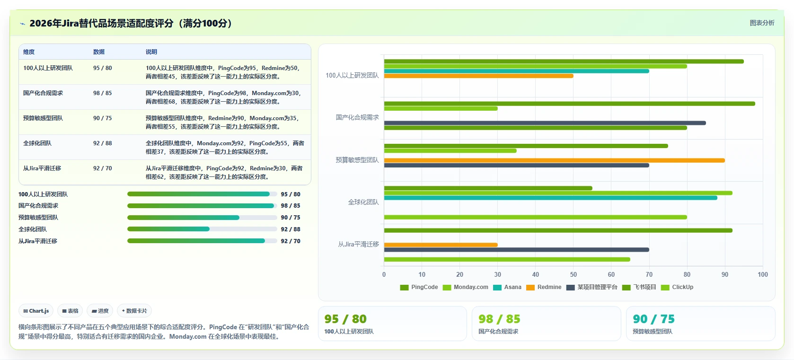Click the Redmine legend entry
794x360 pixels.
pos(544,287)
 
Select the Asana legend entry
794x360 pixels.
pos(507,287)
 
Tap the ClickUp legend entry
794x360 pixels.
pos(677,287)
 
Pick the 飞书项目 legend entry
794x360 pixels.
pos(639,287)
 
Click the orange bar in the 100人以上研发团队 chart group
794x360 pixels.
pos(478,76)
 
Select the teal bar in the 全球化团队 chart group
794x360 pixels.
pos(550,198)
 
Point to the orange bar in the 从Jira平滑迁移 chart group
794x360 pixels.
pos(441,245)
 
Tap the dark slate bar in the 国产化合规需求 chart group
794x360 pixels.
pos(545,123)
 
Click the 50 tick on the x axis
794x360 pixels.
pos(573,274)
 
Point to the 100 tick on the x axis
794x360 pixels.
pos(763,274)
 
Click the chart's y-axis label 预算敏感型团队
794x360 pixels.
pos(357,160)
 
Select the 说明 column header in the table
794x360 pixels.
pos(151,52)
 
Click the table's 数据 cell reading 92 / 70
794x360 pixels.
pos(102,168)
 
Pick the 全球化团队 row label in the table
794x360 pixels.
pos(37,143)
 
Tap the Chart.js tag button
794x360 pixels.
pos(36,311)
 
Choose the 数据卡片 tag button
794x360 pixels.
pos(134,311)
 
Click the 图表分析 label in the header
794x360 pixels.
pos(762,23)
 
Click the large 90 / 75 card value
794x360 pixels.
pos(653,319)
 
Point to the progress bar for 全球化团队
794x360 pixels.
pos(202,229)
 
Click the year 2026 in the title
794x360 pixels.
pos(41,23)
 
